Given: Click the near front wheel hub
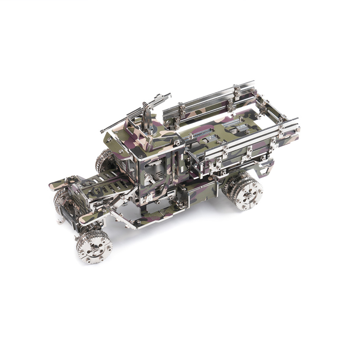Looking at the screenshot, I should click(x=94, y=246).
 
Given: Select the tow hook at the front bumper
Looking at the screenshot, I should click(x=60, y=222).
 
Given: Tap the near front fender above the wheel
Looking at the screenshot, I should click(x=98, y=214).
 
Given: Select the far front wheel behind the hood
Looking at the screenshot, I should click(x=104, y=160).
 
